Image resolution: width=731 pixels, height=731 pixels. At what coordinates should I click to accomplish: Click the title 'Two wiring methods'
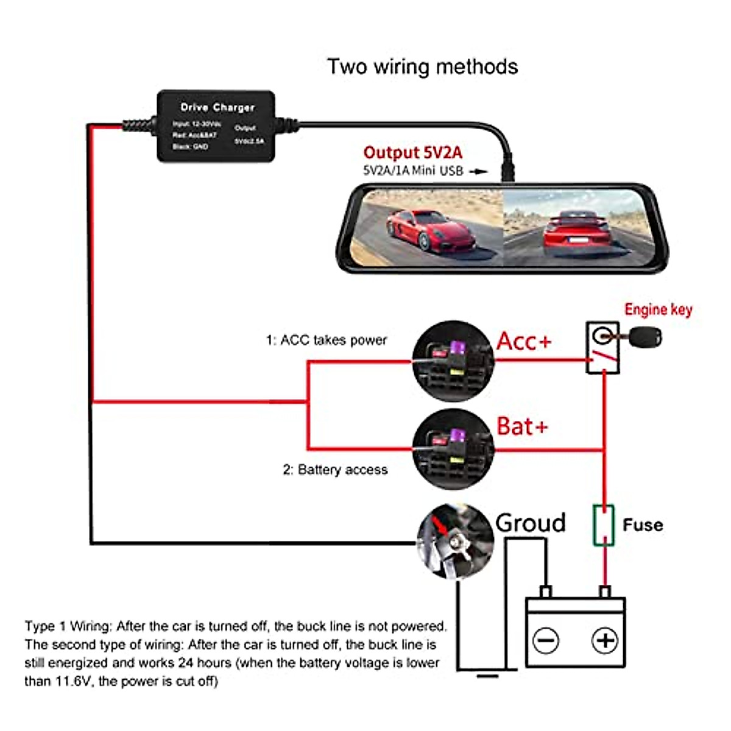click(x=422, y=66)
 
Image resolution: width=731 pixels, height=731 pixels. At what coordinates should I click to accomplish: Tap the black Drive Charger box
click(x=216, y=126)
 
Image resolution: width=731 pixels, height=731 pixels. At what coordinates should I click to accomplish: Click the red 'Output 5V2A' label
click(x=412, y=152)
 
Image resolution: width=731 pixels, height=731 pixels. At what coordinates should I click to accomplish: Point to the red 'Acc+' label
click(x=524, y=341)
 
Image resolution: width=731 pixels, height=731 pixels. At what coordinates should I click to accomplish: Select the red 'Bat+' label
click(x=522, y=426)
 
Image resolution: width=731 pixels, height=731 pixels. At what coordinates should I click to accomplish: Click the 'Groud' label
click(x=530, y=523)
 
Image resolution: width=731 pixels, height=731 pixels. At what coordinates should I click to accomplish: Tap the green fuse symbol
click(x=603, y=524)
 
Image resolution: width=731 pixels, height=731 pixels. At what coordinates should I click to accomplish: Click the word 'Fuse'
click(x=643, y=525)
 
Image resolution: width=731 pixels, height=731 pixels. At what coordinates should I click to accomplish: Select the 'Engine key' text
click(x=658, y=309)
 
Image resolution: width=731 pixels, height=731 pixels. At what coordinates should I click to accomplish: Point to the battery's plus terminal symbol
click(x=604, y=640)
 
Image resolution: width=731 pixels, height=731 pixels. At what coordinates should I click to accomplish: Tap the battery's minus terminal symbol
click(x=545, y=640)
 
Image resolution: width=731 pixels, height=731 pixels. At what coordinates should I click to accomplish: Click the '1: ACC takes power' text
click(x=326, y=340)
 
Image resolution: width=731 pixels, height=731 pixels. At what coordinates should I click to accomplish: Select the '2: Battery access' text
click(x=335, y=470)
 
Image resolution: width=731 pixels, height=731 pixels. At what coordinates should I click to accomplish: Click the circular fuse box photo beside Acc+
click(x=452, y=361)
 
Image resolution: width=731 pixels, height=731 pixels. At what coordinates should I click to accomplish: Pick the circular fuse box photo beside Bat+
click(x=452, y=450)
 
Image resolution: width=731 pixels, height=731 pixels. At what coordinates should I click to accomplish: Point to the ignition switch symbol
click(x=602, y=348)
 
